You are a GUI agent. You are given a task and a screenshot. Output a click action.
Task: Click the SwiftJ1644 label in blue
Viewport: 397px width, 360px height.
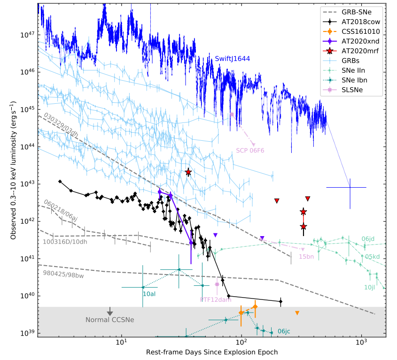(233, 58)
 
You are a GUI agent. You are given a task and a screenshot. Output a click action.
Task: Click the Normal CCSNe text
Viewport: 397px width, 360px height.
(110, 320)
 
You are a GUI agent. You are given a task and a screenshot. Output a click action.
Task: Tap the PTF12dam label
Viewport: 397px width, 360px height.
(217, 299)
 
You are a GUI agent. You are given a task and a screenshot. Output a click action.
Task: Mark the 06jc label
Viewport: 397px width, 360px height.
(284, 331)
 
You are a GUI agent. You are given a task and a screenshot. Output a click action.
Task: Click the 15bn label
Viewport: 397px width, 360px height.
(306, 257)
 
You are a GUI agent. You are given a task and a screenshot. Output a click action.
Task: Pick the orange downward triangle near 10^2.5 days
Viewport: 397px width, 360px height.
(297, 313)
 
